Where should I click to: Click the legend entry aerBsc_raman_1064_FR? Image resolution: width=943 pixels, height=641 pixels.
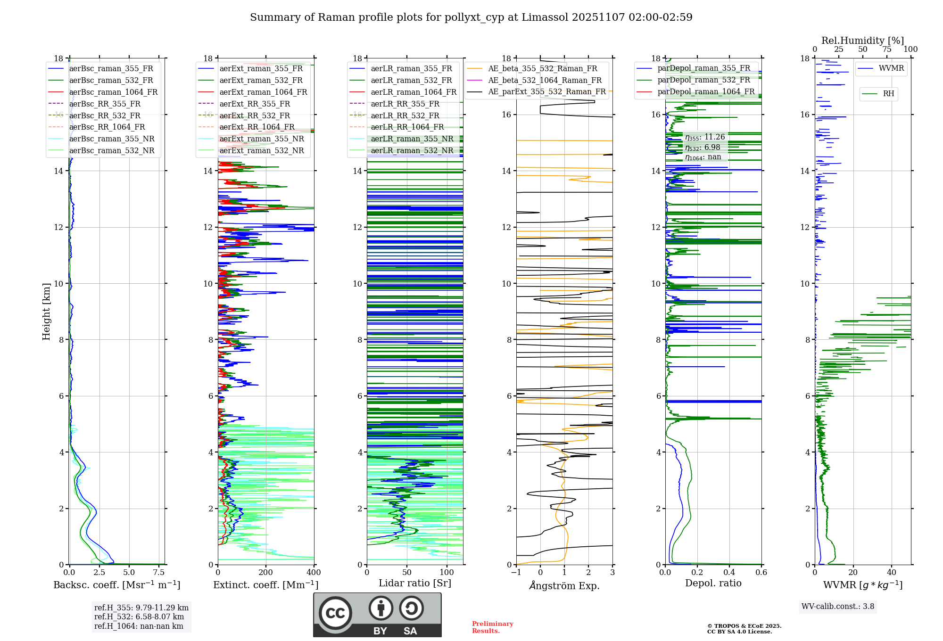point(113,92)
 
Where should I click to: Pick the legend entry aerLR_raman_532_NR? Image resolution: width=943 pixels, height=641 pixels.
point(412,151)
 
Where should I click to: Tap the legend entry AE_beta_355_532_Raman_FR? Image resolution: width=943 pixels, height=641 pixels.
point(542,69)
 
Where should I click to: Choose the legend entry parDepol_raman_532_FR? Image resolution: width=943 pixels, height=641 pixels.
point(703,80)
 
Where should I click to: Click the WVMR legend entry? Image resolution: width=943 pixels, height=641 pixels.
point(891,68)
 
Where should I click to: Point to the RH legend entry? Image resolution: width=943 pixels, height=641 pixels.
point(888,94)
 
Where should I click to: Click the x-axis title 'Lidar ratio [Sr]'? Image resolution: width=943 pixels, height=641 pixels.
point(415,583)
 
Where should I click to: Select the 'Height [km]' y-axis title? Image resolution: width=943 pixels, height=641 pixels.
point(46,311)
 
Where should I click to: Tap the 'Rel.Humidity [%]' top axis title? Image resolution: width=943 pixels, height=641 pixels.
point(862,41)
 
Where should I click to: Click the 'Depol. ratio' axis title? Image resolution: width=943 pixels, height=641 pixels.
point(713,583)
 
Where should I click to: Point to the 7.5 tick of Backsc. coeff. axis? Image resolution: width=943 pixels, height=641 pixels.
point(159,573)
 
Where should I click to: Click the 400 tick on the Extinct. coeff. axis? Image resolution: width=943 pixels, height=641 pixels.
point(314,573)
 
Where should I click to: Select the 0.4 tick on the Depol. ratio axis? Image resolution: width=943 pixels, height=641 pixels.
point(729,573)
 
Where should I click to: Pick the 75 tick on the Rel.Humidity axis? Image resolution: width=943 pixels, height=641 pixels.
point(886,49)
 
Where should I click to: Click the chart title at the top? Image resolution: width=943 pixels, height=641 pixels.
point(471,17)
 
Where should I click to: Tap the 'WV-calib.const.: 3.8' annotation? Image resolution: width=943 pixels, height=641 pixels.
point(837,607)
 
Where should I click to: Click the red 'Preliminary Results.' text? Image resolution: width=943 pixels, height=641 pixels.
point(492,627)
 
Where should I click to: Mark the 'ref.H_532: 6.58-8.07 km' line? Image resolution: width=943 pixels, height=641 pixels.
point(139,617)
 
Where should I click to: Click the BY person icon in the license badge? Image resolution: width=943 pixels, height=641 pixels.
point(381,608)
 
